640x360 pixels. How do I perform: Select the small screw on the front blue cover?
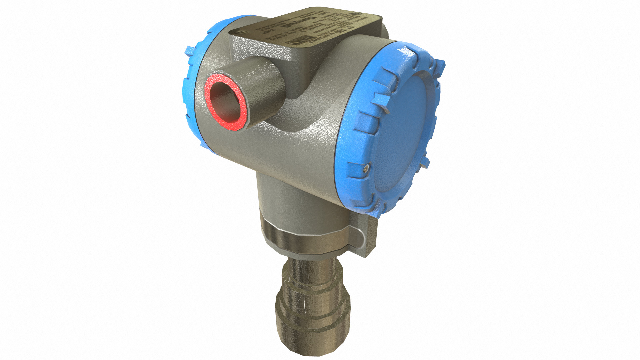(x=366, y=169)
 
